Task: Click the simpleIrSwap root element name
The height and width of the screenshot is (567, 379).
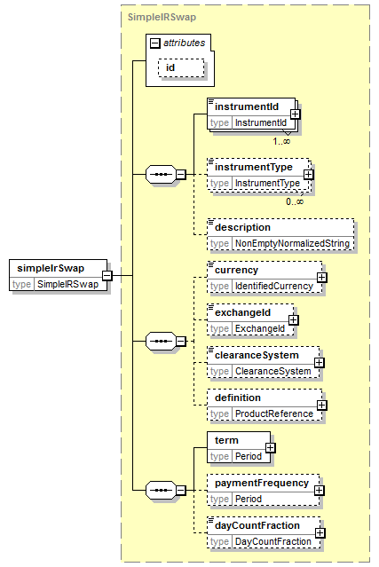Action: tap(51, 268)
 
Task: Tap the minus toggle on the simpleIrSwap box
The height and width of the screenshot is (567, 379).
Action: tap(107, 276)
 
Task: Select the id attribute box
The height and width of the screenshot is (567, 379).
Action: tap(181, 67)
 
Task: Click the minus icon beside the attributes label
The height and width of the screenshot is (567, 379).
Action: tap(154, 43)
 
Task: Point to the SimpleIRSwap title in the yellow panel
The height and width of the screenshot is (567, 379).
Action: tap(162, 17)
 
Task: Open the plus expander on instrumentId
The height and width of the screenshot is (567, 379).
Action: tap(295, 114)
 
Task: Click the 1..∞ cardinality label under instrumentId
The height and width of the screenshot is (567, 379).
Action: tap(281, 141)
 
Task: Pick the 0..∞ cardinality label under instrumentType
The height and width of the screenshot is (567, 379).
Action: tap(295, 201)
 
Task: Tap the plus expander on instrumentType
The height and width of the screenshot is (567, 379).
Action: tap(309, 175)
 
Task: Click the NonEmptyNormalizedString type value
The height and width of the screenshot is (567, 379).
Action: tap(292, 243)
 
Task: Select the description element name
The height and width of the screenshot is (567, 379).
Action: tap(242, 227)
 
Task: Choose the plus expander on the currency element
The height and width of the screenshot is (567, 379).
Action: tap(322, 278)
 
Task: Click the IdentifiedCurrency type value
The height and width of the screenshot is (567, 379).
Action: tap(274, 286)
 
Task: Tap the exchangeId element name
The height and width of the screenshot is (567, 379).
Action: tap(242, 312)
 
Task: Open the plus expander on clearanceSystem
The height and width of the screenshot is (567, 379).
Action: tap(320, 363)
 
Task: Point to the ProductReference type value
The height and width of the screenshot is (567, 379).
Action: tap(274, 413)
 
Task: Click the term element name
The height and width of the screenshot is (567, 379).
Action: tap(226, 440)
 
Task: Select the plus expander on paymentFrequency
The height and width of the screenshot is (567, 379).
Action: tap(320, 491)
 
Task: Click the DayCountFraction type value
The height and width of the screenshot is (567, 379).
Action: tap(273, 541)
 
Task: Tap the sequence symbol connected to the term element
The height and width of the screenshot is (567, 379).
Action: tap(161, 491)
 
